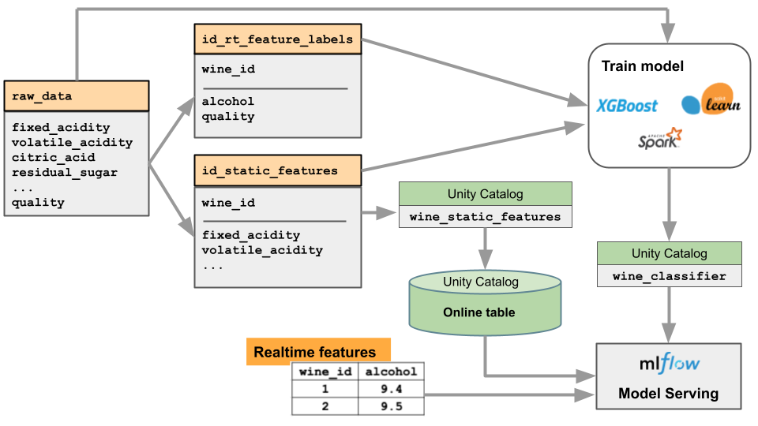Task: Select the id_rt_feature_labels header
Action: tap(277, 39)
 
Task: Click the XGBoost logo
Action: tap(627, 106)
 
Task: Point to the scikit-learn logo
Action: tap(711, 100)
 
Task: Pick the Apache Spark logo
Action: tap(659, 139)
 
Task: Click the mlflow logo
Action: tap(669, 364)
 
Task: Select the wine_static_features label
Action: tap(485, 216)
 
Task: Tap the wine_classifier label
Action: tap(669, 275)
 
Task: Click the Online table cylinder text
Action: tap(478, 312)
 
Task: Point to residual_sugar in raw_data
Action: tap(64, 172)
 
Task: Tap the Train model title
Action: tap(642, 66)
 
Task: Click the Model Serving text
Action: tap(668, 393)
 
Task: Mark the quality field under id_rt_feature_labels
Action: tap(228, 116)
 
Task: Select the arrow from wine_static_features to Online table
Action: tap(485, 248)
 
